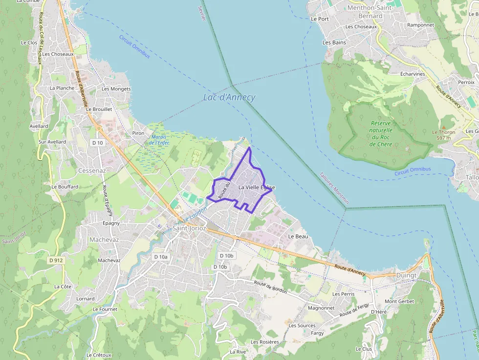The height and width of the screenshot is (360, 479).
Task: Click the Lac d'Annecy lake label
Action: [229, 97]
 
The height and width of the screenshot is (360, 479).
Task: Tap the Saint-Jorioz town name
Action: [189, 228]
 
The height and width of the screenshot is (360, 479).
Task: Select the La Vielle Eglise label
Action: [257, 187]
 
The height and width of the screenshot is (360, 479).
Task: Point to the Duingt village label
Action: [406, 275]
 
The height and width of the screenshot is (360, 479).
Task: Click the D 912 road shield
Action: [56, 260]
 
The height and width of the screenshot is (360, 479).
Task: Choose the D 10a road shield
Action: [161, 256]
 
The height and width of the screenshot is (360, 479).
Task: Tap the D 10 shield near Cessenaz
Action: [97, 143]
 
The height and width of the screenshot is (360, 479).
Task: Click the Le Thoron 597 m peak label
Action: [443, 135]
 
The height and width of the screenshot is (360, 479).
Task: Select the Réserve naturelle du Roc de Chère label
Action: [381, 134]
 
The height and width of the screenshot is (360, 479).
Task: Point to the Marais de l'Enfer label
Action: [159, 140]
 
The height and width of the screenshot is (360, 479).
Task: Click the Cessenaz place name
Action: [92, 171]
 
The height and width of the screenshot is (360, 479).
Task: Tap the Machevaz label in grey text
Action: [104, 239]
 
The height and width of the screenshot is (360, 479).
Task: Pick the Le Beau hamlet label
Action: [298, 236]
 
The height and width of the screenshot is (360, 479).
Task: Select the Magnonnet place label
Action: [321, 308]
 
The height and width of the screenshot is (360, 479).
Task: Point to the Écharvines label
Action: [413, 74]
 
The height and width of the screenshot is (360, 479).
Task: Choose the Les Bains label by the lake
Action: [334, 42]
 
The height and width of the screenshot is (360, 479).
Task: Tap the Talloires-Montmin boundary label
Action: [334, 188]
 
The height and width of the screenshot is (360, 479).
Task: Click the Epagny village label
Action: [111, 223]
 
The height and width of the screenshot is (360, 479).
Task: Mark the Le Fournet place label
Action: [105, 309]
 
